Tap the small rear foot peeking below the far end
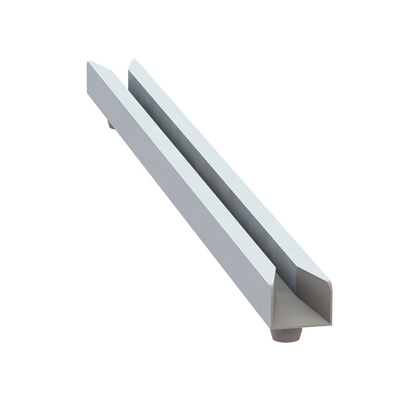click(110, 124)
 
